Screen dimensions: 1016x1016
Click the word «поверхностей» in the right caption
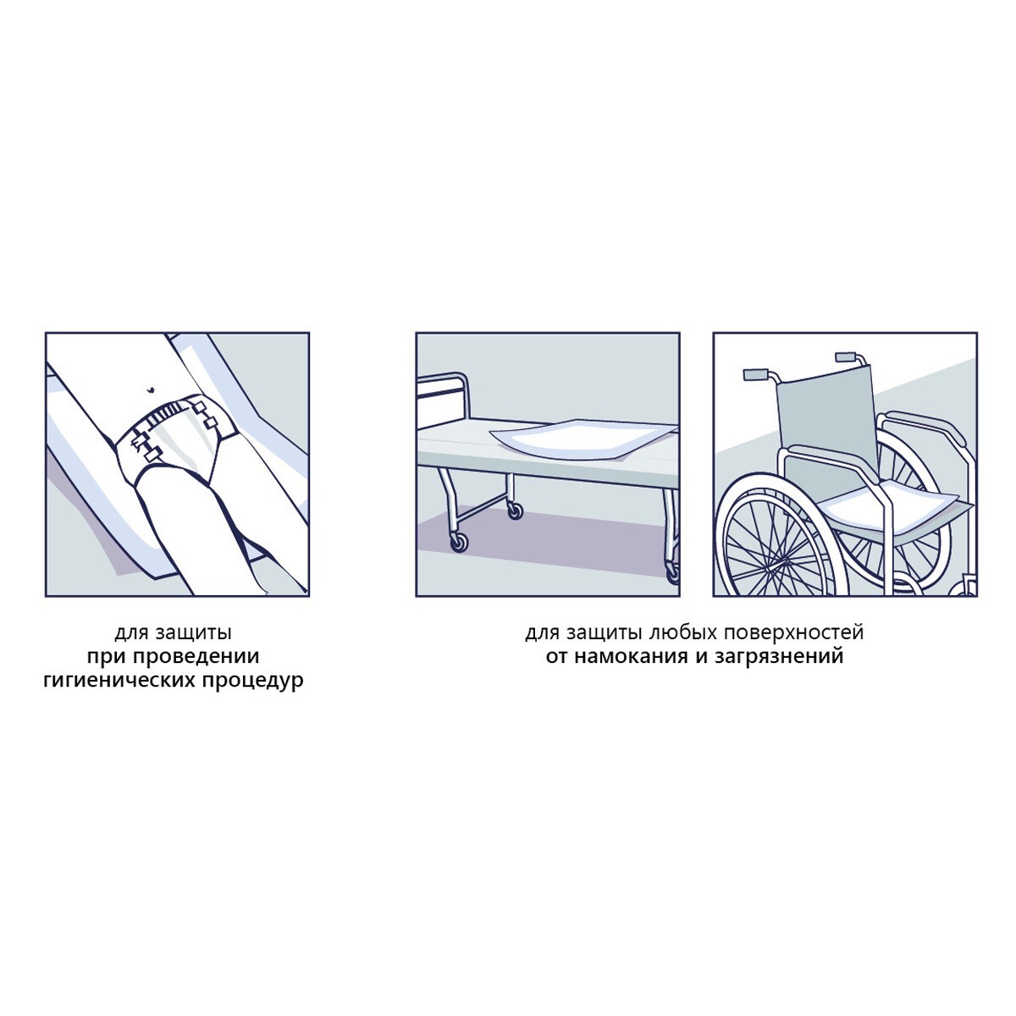coord(793,632)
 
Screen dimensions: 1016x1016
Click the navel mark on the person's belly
coord(150,390)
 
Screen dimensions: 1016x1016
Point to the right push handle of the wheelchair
coord(847,357)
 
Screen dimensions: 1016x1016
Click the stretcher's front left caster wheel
coord(460,543)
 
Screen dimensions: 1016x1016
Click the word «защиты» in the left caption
coord(195,633)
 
